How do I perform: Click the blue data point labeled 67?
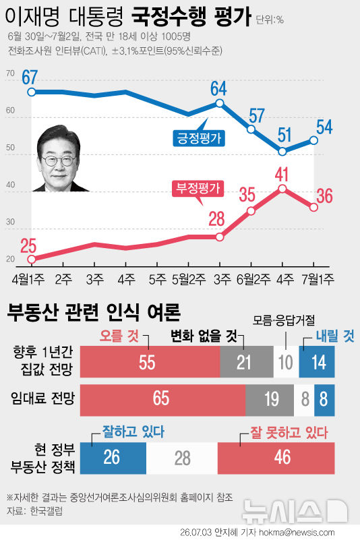pyautogui.click(x=32, y=92)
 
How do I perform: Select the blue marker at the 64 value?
pyautogui.click(x=220, y=103)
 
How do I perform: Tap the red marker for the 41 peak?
pyautogui.click(x=282, y=188)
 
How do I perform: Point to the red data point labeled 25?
pyautogui.click(x=32, y=259)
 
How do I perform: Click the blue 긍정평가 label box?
pyautogui.click(x=199, y=138)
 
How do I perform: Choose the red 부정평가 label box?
pyautogui.click(x=198, y=188)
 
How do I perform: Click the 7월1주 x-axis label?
pyautogui.click(x=318, y=279)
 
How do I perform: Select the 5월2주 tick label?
pyautogui.click(x=189, y=279)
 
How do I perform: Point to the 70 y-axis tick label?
pyautogui.click(x=10, y=73)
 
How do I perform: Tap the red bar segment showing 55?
pyautogui.click(x=150, y=361)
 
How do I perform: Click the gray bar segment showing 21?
pyautogui.click(x=247, y=361)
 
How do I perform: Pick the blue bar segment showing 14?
pyautogui.click(x=317, y=361)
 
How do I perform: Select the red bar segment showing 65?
pyautogui.click(x=162, y=400)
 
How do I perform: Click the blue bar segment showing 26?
pyautogui.click(x=113, y=458)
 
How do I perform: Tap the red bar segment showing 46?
pyautogui.click(x=276, y=458)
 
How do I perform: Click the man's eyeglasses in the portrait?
pyautogui.click(x=59, y=160)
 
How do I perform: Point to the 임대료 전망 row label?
pyautogui.click(x=42, y=399)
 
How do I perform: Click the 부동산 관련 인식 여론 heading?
pyautogui.click(x=94, y=312)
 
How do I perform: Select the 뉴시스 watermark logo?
pyautogui.click(x=295, y=511)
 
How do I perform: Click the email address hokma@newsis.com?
pyautogui.click(x=297, y=533)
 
